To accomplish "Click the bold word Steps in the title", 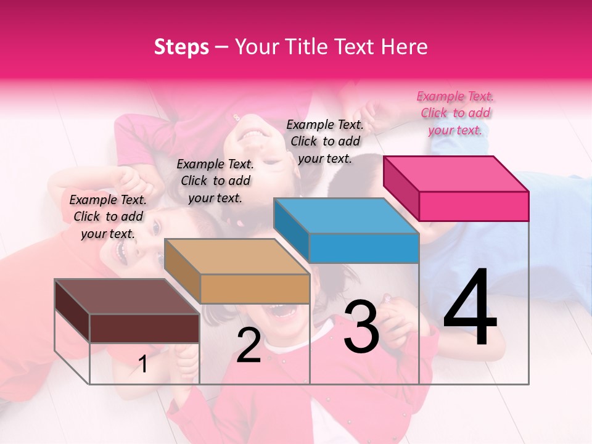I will (181, 47).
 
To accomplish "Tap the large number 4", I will (470, 308).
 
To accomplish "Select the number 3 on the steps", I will (361, 327).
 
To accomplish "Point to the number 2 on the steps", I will (249, 345).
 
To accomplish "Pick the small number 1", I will (143, 364).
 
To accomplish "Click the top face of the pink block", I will (456, 173).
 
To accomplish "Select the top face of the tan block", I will (237, 257).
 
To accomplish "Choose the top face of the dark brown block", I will (127, 297).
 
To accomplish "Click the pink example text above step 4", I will (455, 113).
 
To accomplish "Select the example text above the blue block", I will (325, 141).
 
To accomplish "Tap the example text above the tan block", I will (215, 181).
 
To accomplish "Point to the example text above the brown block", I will (108, 216).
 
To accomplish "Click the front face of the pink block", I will (474, 206).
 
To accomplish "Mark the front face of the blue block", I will (364, 248).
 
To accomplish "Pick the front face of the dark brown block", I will (144, 328).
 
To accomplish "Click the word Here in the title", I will (406, 47).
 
